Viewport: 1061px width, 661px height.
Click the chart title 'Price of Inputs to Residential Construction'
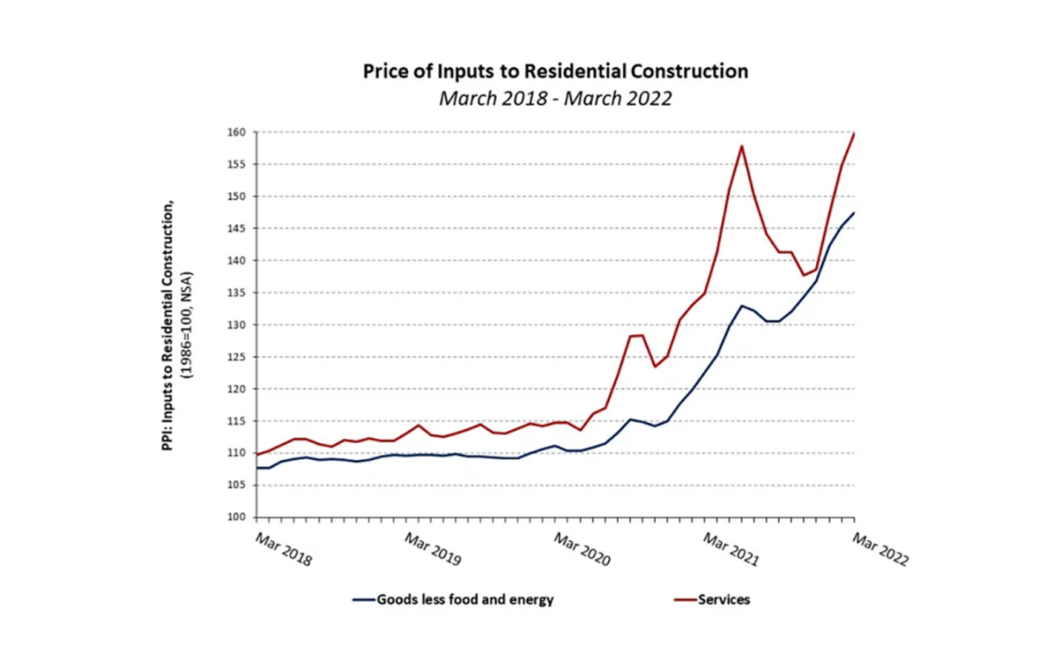555,71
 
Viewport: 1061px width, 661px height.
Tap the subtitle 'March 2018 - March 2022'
555,98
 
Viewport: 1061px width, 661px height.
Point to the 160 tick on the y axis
236,133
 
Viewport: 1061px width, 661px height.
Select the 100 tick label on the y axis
236,517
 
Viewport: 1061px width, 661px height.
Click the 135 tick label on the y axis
236,293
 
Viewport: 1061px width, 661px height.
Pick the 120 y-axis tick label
236,389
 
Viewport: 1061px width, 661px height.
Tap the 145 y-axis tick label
236,228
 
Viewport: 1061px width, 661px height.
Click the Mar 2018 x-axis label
283,550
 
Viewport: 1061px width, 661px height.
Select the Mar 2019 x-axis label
433,550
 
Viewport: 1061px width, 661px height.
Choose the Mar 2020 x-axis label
582,550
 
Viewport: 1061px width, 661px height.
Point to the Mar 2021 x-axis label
731,550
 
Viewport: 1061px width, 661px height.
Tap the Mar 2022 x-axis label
880,550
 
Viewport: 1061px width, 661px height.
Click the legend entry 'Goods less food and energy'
464,599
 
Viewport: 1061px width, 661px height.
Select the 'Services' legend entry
723,599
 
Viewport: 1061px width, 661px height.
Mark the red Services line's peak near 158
741,146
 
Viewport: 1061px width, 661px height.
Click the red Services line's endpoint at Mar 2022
854,134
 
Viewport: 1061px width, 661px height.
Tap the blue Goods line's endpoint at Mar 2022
854,213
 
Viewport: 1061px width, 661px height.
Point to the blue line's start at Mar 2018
257,467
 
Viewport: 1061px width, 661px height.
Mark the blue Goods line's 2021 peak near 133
741,306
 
